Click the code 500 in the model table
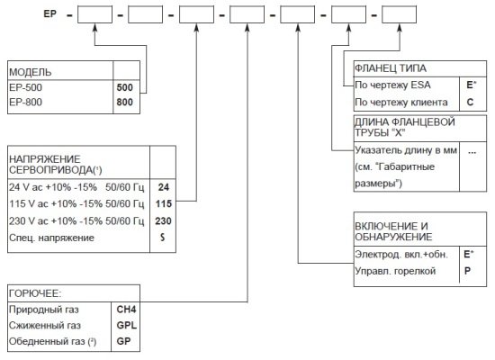pyautogui.click(x=125, y=87)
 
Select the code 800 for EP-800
pyautogui.click(x=125, y=102)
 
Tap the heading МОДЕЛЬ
pyautogui.click(x=31, y=72)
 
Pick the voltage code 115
pyautogui.click(x=164, y=203)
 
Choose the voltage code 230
pyautogui.click(x=163, y=220)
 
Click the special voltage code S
pyautogui.click(x=163, y=238)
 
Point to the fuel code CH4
pyautogui.click(x=126, y=310)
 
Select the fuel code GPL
pyautogui.click(x=127, y=325)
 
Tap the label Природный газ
pyautogui.click(x=44, y=310)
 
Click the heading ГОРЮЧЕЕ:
pyautogui.click(x=35, y=293)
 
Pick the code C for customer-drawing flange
pyautogui.click(x=470, y=102)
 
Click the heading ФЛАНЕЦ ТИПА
pyautogui.click(x=391, y=68)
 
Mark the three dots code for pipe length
pyautogui.click(x=472, y=152)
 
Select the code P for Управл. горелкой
pyautogui.click(x=467, y=271)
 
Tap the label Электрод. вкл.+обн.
pyautogui.click(x=401, y=254)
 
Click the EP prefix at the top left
pyautogui.click(x=50, y=13)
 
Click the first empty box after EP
pyautogui.click(x=94, y=14)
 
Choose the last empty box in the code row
pyautogui.click(x=399, y=14)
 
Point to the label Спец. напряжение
pyautogui.click(x=52, y=238)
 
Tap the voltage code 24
pyautogui.click(x=164, y=187)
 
